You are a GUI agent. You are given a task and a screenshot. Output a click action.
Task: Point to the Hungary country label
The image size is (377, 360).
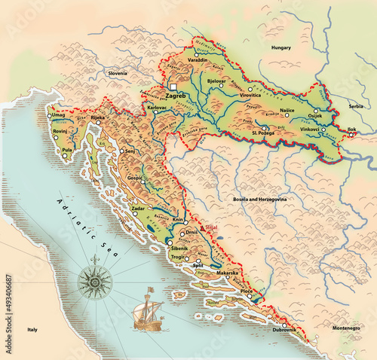[x=281, y=47]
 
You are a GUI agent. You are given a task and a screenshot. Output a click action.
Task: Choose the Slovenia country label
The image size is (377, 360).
[x=118, y=73]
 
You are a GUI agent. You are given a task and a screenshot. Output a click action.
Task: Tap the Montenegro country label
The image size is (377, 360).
[x=347, y=328]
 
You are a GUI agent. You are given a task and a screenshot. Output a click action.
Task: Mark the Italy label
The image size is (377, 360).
[x=32, y=330]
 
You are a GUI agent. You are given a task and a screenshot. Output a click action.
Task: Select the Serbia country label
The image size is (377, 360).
[x=356, y=107]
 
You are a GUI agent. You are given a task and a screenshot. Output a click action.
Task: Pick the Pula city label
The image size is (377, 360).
[x=67, y=150]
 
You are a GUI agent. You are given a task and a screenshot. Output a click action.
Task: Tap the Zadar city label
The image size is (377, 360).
[x=138, y=208]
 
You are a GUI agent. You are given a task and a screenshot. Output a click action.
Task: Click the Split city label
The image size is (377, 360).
[x=198, y=266]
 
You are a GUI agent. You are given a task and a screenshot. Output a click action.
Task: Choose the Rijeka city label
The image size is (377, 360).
[x=98, y=117]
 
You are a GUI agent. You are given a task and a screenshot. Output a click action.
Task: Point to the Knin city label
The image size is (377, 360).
[x=179, y=219]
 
